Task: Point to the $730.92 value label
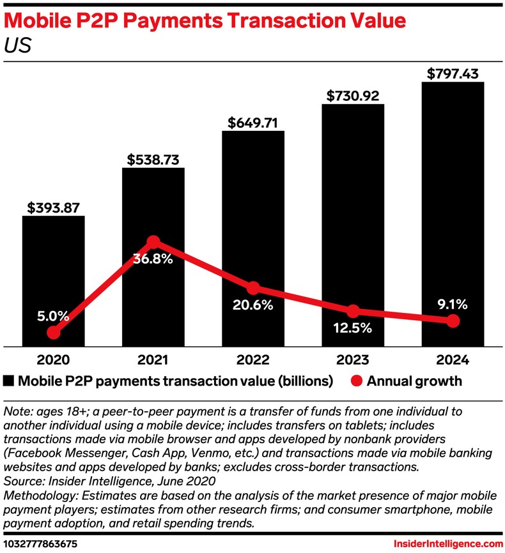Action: pyautogui.click(x=353, y=96)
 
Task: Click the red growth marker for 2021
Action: pyautogui.click(x=153, y=241)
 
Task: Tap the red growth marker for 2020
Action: pyautogui.click(x=54, y=333)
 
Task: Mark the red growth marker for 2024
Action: pyautogui.click(x=453, y=321)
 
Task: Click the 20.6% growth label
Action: pyautogui.click(x=253, y=305)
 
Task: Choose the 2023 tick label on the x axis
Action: pyautogui.click(x=353, y=360)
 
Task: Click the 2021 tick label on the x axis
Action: pyautogui.click(x=153, y=360)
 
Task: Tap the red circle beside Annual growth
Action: pyautogui.click(x=357, y=382)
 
